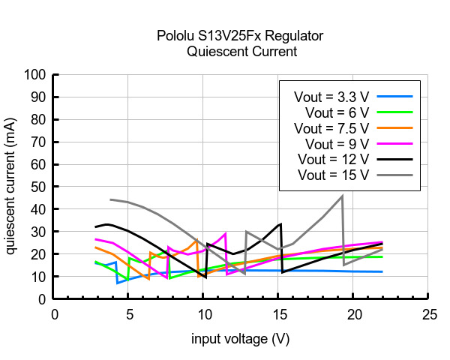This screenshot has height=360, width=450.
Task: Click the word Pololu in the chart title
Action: (x=175, y=36)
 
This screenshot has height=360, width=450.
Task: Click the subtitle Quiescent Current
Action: (x=241, y=52)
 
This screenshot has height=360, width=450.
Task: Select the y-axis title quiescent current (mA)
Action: (x=11, y=186)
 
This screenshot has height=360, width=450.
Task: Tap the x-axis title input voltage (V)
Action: (x=240, y=340)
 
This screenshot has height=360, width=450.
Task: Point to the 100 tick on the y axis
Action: (x=37, y=75)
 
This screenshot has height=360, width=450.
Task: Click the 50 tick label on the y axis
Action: (x=40, y=187)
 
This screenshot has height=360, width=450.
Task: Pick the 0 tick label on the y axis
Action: (x=43, y=299)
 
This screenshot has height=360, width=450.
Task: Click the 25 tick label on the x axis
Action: (x=429, y=313)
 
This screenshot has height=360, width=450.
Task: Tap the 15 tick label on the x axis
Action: (x=278, y=313)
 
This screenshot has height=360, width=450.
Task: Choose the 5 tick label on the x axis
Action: (x=128, y=313)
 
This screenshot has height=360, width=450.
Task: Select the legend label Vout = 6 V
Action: (x=337, y=112)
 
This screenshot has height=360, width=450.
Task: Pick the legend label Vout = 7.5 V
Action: (x=332, y=128)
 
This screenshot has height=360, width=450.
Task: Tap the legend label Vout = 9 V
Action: (x=337, y=143)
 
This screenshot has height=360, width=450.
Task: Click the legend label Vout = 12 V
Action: (x=334, y=159)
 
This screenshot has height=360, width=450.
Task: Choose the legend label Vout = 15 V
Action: (x=334, y=175)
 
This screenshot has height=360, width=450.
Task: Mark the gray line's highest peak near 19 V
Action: (x=342, y=196)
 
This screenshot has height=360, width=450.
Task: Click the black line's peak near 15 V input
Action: (x=280, y=223)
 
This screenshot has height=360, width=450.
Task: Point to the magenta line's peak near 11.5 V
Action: (x=225, y=233)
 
